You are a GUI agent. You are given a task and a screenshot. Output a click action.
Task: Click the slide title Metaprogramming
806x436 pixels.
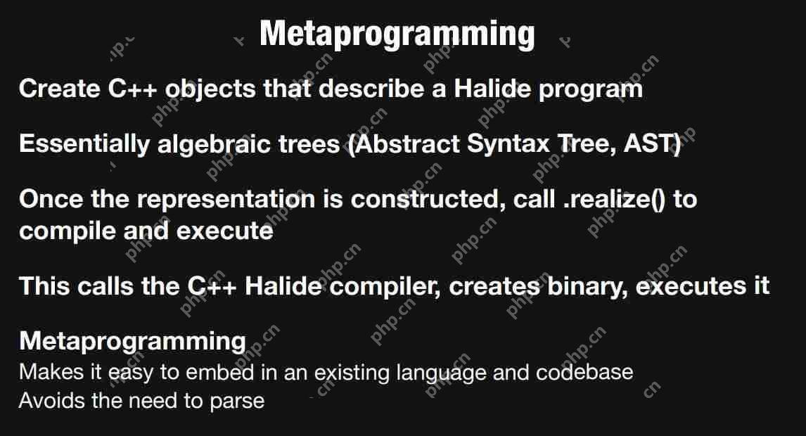coord(397,34)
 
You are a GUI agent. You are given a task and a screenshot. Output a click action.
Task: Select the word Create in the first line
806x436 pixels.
coord(60,89)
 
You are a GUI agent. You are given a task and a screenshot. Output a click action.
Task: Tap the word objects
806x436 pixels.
coord(210,89)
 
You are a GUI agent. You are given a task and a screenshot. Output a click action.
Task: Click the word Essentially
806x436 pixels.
coord(84,144)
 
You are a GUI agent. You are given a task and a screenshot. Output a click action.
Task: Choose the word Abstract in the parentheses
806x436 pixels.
coord(406,143)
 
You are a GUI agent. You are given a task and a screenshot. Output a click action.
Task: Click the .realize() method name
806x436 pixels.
coord(614,200)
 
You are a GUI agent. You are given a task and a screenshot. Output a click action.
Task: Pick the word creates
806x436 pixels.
coord(494,287)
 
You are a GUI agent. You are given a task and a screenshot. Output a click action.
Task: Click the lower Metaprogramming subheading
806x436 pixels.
coord(133,341)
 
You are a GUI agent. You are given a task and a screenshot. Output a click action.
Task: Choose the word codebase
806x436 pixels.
coord(584,372)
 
